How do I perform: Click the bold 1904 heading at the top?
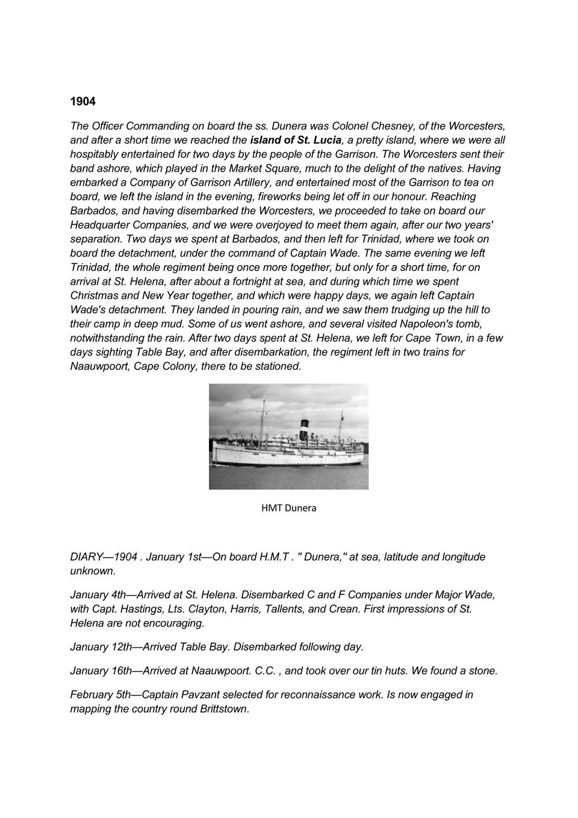83,101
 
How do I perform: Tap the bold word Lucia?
320,140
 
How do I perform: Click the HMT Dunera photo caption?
288,508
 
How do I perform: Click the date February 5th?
101,695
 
